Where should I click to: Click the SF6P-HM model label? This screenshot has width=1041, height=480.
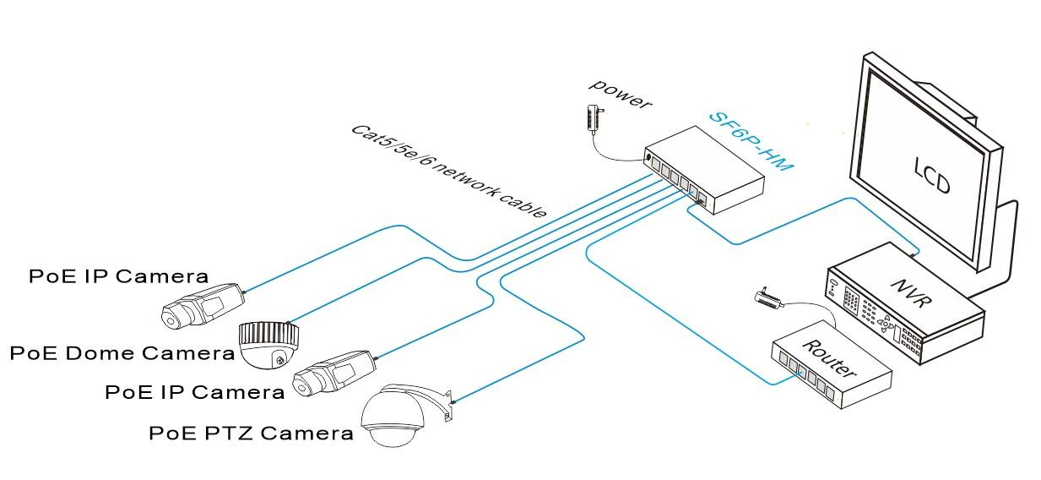[x=751, y=141]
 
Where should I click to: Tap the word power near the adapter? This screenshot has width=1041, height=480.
[x=621, y=93]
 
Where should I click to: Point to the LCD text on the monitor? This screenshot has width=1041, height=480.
[x=932, y=172]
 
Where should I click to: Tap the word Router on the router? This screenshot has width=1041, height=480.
[x=828, y=357]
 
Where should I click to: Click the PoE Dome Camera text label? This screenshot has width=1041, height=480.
[x=122, y=352]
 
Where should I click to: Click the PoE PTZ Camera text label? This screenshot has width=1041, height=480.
[x=251, y=434]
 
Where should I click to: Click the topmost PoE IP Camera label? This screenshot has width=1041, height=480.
[x=118, y=275]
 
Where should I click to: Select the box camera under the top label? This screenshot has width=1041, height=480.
[x=203, y=304]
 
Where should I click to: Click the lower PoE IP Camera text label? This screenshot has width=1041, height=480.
[x=194, y=392]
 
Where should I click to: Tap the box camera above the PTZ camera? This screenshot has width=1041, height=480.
[x=334, y=373]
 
